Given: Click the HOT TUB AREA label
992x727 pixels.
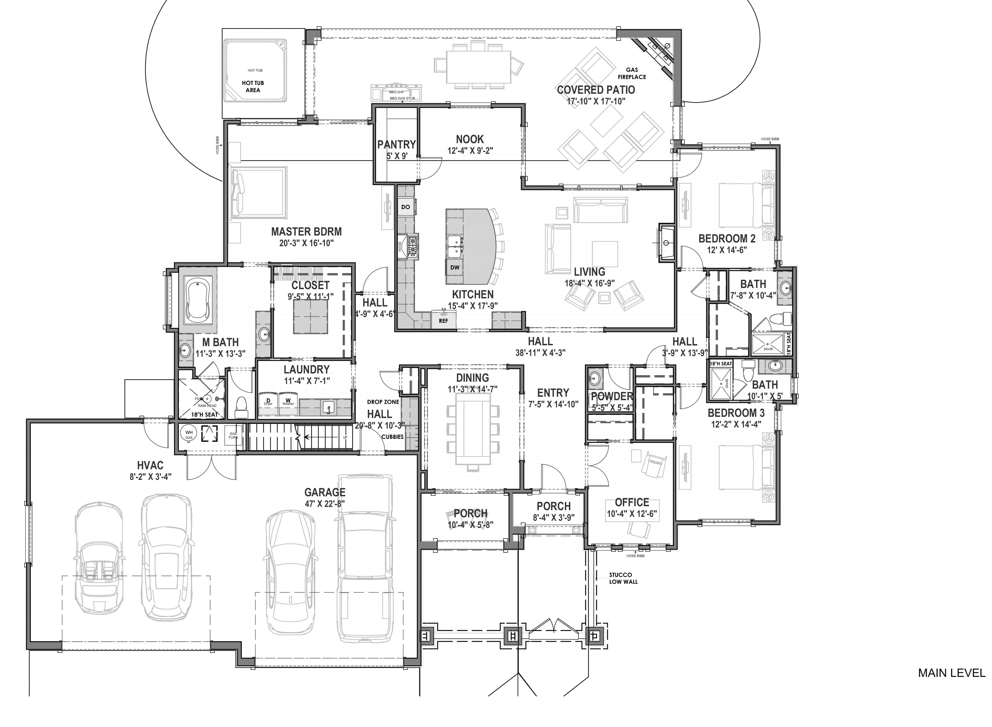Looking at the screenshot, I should pos(253,86).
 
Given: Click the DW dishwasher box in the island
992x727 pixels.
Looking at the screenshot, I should pos(455,267).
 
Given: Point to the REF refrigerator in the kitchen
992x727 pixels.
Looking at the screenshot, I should pos(443,320).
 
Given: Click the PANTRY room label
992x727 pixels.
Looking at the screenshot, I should pos(396,144).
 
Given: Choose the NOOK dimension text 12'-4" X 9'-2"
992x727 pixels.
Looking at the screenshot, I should pos(470,151).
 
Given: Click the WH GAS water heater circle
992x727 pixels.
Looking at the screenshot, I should pos(189,434).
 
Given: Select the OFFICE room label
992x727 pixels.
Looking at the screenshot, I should pos(632,502).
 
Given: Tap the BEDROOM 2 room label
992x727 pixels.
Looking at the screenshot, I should pos(727,239).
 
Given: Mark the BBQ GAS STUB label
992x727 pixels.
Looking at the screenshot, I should pos(402,98).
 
